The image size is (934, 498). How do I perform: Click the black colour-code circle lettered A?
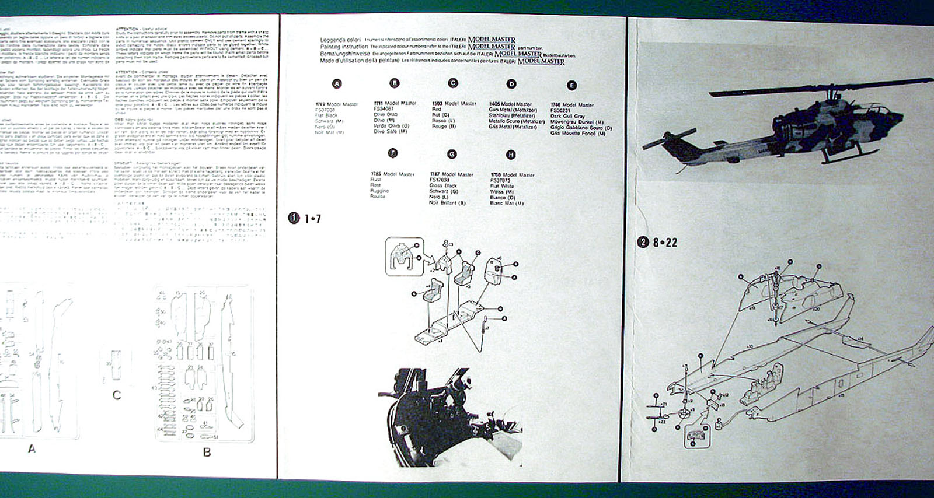point(337,84)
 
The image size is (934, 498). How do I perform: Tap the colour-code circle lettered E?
point(571,85)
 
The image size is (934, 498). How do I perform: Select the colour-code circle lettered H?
point(511,155)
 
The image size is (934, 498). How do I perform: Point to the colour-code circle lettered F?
point(393,153)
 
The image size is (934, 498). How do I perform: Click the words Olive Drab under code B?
point(385,114)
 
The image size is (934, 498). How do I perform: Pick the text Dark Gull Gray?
point(567,116)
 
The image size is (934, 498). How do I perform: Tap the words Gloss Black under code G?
point(444,185)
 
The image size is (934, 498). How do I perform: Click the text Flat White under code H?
point(502,186)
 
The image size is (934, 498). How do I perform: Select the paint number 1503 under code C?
point(437,103)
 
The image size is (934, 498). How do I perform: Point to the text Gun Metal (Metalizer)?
point(513,110)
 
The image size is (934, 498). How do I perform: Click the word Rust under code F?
point(375,180)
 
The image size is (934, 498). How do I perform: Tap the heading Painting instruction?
point(344,47)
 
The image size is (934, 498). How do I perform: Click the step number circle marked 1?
point(294,219)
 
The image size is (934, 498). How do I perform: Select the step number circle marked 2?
point(643,242)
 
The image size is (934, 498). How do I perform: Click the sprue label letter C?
point(117,395)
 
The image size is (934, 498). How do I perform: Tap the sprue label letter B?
point(207,451)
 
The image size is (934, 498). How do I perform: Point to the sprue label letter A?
point(32,448)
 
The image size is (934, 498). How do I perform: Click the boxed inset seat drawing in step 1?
point(404,256)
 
